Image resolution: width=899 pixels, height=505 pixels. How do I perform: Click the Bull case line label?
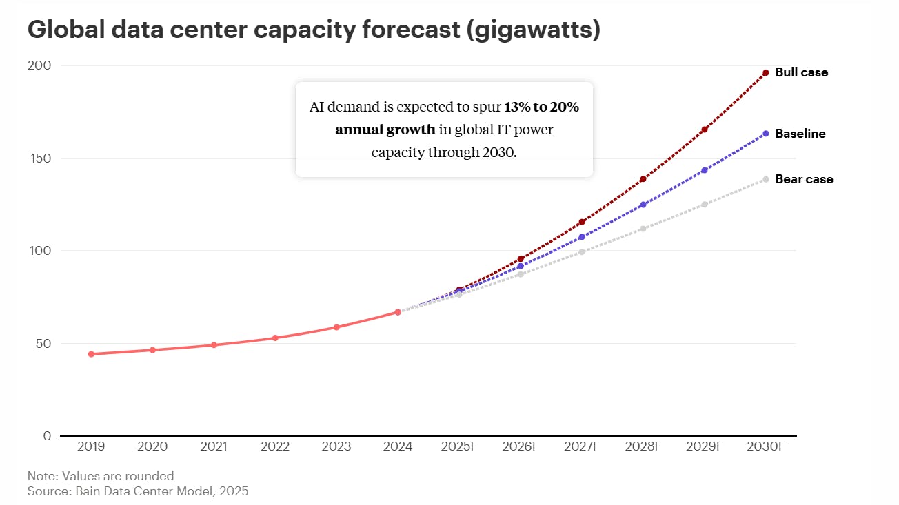click(x=801, y=72)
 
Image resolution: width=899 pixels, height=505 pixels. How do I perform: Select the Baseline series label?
click(x=800, y=134)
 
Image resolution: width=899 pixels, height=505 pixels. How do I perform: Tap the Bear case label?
click(x=804, y=179)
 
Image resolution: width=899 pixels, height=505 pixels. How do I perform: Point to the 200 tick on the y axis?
click(x=39, y=65)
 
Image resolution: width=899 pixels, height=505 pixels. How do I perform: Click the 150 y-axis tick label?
click(x=39, y=158)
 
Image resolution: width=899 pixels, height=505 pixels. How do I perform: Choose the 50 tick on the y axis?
click(x=43, y=344)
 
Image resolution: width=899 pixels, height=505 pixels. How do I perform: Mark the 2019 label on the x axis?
click(x=91, y=446)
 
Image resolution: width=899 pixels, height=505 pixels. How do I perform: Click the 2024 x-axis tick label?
click(x=398, y=446)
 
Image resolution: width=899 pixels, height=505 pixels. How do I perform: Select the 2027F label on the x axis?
click(x=582, y=446)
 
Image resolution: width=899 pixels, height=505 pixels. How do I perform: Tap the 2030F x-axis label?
click(x=765, y=446)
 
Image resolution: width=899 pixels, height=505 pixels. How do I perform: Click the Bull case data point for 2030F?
click(x=765, y=73)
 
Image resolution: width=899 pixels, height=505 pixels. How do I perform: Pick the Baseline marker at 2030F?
click(x=765, y=133)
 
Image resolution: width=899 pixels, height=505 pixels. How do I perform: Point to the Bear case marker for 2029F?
click(x=705, y=205)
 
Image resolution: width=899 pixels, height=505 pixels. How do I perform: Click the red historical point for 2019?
click(x=91, y=354)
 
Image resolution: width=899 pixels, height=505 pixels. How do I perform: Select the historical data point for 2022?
click(x=275, y=338)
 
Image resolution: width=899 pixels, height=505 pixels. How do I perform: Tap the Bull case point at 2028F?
click(x=643, y=179)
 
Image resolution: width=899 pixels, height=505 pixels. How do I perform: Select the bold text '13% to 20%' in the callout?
click(x=541, y=107)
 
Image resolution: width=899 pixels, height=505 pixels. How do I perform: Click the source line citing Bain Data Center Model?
click(x=138, y=491)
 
